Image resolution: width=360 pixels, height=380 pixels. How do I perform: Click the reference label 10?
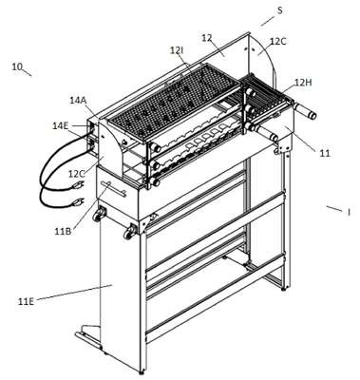coord(17,66)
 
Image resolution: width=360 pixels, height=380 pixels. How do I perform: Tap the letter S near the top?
coord(279,10)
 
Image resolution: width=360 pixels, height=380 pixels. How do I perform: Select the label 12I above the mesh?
coord(177,49)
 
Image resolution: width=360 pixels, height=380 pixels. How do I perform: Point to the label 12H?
coord(303,83)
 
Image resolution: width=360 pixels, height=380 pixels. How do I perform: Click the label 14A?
coord(78,101)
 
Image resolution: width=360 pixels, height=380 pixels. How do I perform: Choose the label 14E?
coord(61,126)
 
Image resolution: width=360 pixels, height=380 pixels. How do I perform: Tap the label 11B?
coord(63,232)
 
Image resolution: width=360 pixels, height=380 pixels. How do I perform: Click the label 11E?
coord(26,301)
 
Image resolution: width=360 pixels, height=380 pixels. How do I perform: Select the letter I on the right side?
coord(349,212)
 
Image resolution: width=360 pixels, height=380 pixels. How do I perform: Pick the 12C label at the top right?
coord(277,42)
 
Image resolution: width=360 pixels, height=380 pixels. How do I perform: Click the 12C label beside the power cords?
coord(77,174)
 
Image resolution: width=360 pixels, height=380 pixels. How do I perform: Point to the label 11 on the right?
coord(324,153)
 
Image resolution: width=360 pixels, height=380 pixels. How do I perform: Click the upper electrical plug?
coord(78,184)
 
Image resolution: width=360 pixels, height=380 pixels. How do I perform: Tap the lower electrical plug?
coord(78,201)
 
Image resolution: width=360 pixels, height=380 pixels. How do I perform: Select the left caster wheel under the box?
coord(98,214)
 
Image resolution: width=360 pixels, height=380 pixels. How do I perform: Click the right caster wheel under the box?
coord(130,231)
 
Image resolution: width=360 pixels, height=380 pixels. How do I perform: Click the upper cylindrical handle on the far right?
coord(305,110)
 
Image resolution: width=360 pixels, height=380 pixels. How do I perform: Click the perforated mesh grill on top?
coord(174,99)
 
